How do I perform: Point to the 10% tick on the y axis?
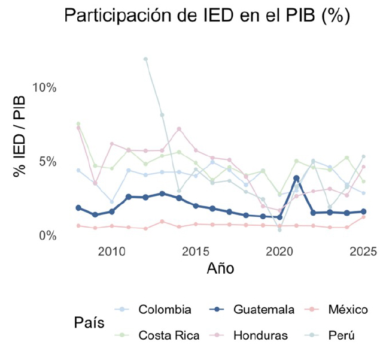44,87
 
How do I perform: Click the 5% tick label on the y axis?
47,162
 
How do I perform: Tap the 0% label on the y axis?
47,236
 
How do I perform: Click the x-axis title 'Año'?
220,268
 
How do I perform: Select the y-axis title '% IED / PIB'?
20,141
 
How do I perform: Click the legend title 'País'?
90,322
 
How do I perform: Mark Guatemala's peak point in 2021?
296,179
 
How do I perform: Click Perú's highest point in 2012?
145,59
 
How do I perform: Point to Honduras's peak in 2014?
179,129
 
